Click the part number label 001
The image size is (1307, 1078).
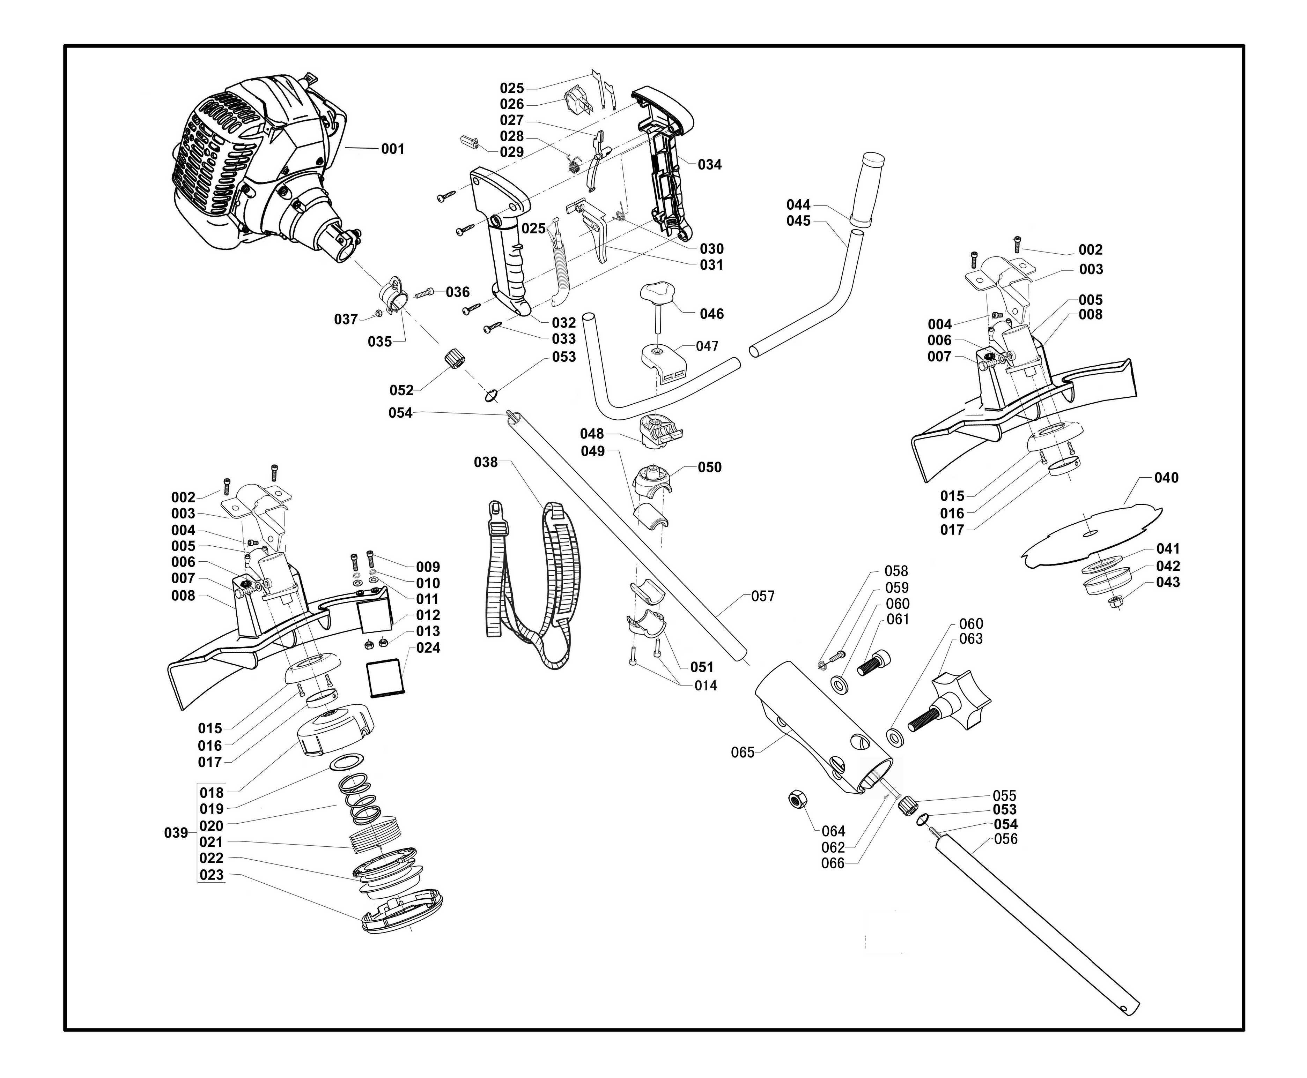tap(393, 149)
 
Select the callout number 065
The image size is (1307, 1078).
tap(742, 753)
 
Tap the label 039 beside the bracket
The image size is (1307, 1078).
tap(176, 833)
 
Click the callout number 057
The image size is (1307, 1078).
tap(763, 596)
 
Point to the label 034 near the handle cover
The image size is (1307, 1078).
tap(709, 165)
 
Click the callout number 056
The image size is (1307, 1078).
tap(1006, 839)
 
